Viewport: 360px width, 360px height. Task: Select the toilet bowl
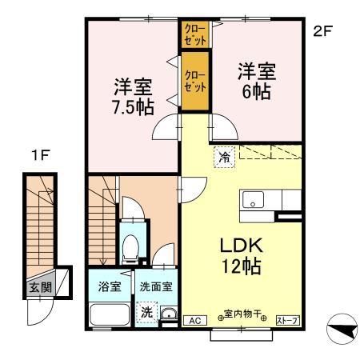click(x=130, y=247)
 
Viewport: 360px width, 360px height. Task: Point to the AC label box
click(x=192, y=321)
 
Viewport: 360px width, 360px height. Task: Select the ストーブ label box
click(x=286, y=321)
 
